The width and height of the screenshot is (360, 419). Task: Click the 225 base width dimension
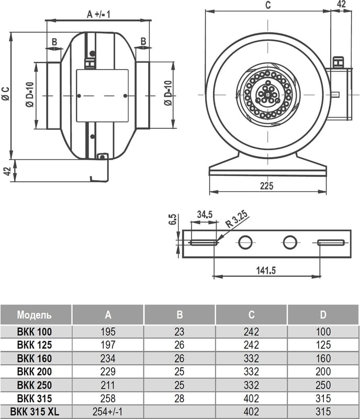coord(267,185)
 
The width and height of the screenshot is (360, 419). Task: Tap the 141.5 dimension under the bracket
coord(266,270)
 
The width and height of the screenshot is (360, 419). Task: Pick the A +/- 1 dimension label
coord(98,15)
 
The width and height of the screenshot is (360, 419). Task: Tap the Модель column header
coord(35,315)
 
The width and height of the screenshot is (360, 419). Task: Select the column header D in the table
coord(323,315)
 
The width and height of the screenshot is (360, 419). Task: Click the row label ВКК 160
coord(35,358)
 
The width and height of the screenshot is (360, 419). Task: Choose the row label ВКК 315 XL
coord(35,412)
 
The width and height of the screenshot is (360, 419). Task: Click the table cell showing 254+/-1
coord(108,412)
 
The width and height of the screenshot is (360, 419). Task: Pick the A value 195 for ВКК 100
coord(108,332)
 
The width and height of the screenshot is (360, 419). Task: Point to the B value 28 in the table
coord(179,399)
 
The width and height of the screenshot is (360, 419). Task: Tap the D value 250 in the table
coord(323,385)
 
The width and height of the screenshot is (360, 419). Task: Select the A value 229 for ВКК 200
coord(108,372)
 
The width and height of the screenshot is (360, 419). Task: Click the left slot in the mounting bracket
coord(204,242)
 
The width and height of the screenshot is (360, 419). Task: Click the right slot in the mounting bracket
coord(331,242)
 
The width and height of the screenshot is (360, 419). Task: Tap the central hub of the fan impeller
coord(268,94)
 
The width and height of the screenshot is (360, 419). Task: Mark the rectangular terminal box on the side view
coord(102,95)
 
